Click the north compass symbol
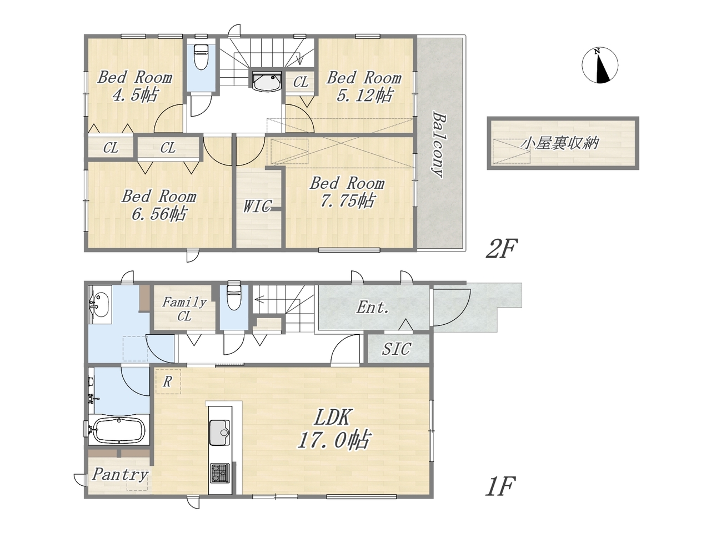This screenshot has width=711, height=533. tap(599, 66)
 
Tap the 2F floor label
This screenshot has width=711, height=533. tap(501, 249)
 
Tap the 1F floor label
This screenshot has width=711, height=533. tap(500, 486)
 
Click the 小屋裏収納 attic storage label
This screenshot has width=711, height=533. tap(559, 143)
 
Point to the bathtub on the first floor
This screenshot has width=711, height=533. tap(120, 430)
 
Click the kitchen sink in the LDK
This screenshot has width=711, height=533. tap(219, 433)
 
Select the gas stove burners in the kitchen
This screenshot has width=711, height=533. tap(220, 473)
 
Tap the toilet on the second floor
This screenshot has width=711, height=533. tap(201, 57)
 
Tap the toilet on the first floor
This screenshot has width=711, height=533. tap(234, 296)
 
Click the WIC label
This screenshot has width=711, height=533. tap(258, 206)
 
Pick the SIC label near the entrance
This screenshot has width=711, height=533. tap(397, 349)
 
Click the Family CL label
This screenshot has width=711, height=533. tap(184, 309)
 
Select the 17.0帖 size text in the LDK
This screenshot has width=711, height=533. tap(333, 440)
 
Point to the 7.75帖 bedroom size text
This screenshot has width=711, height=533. tap(348, 200)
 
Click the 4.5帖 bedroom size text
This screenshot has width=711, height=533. tap(136, 95)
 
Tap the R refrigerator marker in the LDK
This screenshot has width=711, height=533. tap(167, 382)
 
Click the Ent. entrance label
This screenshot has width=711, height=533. tap(373, 307)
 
